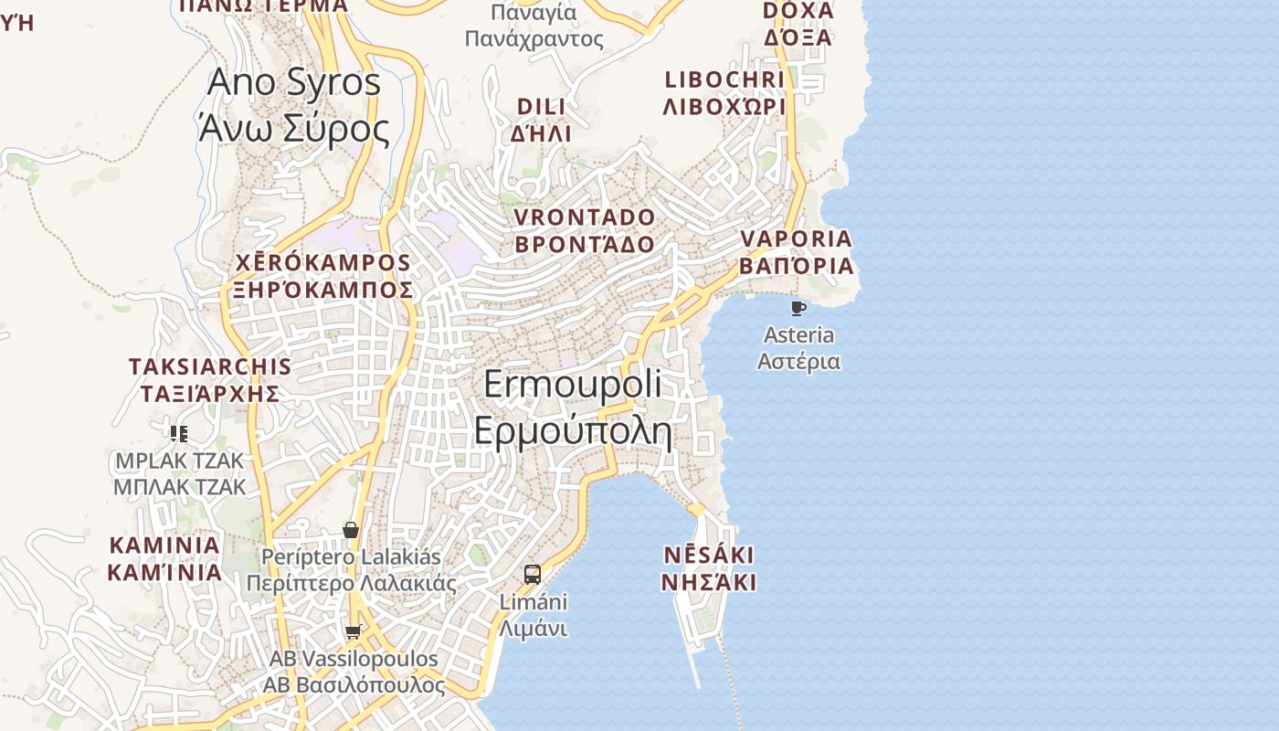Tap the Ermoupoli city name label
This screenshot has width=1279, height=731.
tap(573, 408)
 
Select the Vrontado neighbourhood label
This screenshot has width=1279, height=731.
tap(585, 230)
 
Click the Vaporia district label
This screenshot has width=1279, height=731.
tap(796, 252)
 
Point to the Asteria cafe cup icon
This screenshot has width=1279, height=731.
tap(798, 308)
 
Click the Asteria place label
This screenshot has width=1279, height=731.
tap(798, 347)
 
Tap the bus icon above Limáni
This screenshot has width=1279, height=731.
tap(533, 575)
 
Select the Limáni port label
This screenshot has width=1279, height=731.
tap(533, 615)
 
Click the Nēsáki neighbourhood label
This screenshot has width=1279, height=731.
tap(709, 568)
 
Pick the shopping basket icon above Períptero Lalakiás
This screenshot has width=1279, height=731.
tap(351, 530)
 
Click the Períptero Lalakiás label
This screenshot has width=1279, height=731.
tap(351, 569)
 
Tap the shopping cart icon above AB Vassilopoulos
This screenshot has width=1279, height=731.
tap(354, 631)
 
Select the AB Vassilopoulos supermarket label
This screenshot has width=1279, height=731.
tap(354, 672)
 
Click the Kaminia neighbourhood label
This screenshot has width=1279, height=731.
tap(164, 558)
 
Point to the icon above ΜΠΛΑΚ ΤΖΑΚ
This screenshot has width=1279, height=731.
tap(179, 433)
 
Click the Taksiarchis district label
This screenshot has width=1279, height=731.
tap(210, 380)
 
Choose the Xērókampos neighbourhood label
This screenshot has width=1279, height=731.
tap(322, 276)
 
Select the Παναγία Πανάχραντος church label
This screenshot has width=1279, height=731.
tap(534, 26)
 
